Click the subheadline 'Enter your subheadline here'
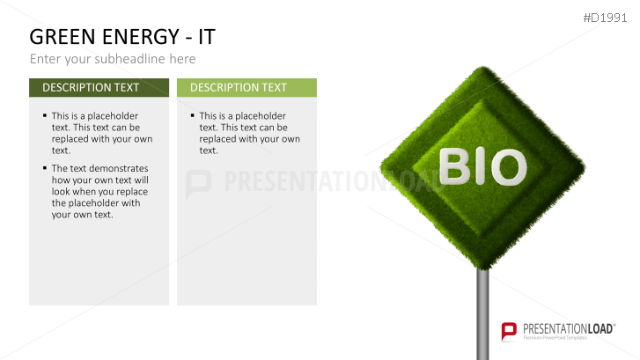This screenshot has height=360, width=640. click(113, 59)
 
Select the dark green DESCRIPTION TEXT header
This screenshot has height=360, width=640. click(99, 87)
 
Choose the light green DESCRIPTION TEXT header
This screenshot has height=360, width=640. click(246, 87)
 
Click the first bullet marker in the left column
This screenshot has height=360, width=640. click(45, 115)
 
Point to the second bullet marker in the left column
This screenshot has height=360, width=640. click(45, 167)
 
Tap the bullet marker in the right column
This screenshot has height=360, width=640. click(193, 115)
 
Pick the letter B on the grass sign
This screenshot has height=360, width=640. click(455, 165)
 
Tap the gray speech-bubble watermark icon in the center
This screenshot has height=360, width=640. click(200, 183)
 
